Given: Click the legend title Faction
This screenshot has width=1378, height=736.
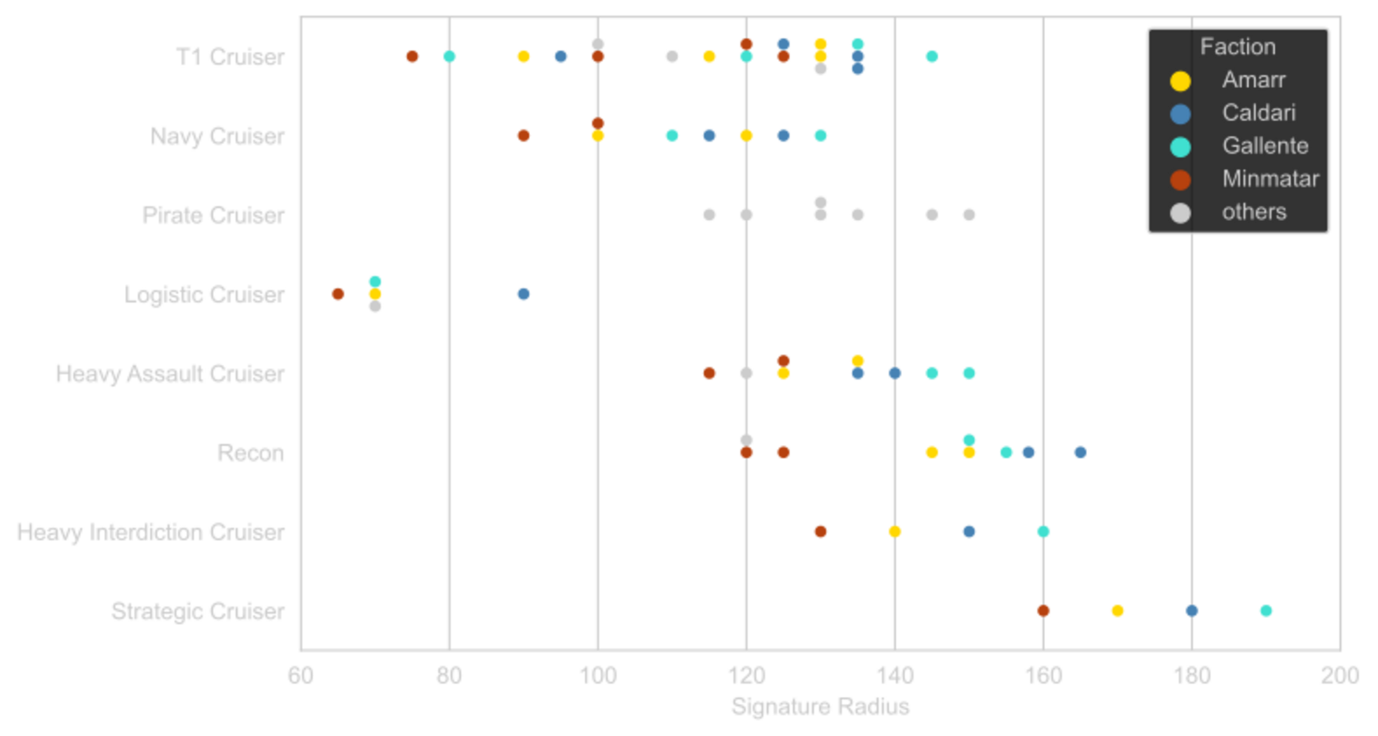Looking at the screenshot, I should point(1238,47).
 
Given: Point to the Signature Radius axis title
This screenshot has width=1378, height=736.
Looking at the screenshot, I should point(820,706).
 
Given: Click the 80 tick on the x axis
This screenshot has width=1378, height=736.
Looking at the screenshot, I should point(449,675).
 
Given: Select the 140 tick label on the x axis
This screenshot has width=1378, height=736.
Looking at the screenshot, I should point(895,675).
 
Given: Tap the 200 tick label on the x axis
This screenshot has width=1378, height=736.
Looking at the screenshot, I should point(1339,675).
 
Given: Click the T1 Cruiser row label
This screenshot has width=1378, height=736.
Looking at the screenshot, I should point(231,56).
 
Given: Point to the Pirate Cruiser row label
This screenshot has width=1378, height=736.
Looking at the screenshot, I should point(214,215).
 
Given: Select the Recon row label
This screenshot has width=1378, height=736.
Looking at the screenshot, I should point(251,453).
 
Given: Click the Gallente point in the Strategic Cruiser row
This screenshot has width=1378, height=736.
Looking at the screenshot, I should point(1265,611).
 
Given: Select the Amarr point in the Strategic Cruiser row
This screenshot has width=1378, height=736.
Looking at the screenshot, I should point(1117,611).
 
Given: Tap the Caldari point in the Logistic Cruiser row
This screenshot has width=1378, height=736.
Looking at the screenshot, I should point(524,294).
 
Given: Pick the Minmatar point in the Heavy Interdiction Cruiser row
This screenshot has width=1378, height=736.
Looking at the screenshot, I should point(820,532).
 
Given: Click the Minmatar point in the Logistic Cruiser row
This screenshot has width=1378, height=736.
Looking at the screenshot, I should point(338,294).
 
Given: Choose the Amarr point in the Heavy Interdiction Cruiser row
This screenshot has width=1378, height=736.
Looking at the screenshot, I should point(895,532).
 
